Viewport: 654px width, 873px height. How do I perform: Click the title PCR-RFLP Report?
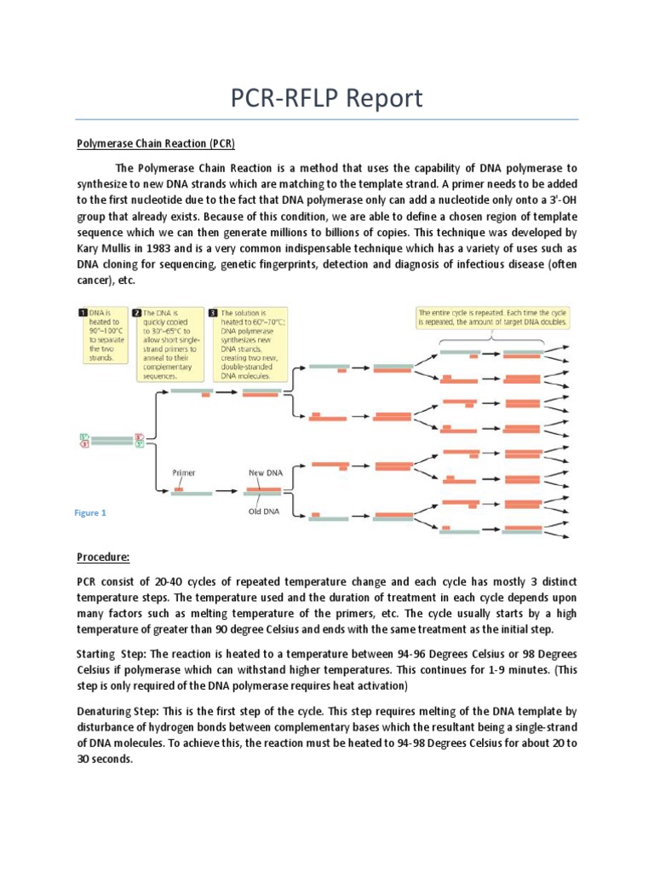click(x=327, y=98)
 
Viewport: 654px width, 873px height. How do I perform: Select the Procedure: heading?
click(x=103, y=557)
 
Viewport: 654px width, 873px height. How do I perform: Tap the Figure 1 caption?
click(x=90, y=513)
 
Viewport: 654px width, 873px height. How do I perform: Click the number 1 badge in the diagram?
click(x=83, y=314)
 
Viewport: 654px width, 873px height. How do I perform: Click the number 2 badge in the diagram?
click(x=137, y=314)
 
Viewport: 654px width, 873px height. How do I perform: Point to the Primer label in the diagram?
click(x=185, y=471)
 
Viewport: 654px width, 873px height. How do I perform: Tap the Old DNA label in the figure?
click(x=265, y=512)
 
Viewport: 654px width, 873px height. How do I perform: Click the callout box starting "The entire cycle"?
click(x=492, y=318)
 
